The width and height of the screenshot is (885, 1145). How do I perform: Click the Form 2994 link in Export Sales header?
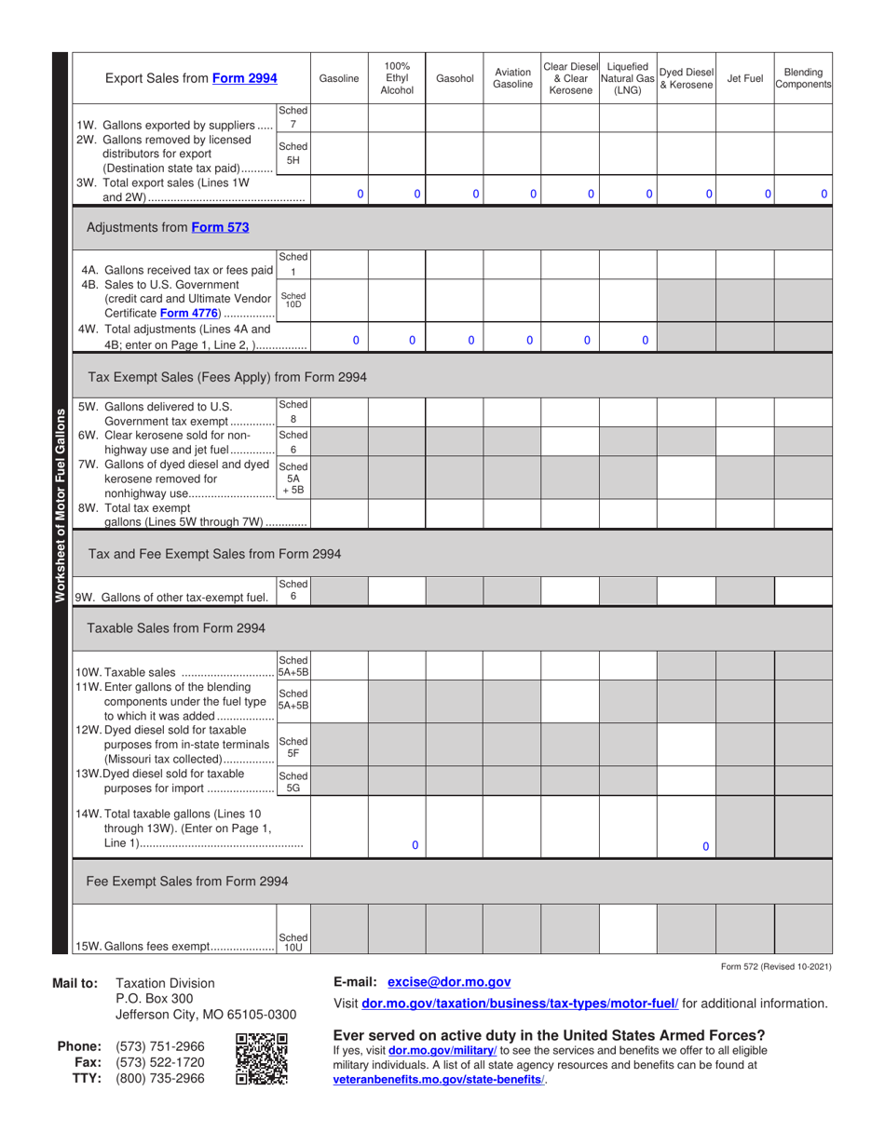pos(244,79)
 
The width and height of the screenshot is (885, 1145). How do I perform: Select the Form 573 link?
pos(220,226)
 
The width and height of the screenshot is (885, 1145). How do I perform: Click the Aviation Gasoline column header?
pos(511,79)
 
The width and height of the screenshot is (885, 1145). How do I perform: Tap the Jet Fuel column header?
pos(744,79)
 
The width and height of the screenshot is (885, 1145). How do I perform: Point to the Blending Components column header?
pos(803,79)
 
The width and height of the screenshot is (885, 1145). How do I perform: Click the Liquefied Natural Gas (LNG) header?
pos(628,79)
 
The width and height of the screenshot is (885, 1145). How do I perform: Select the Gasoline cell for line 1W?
pos(339,118)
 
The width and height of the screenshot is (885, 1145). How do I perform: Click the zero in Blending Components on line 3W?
pos(824,195)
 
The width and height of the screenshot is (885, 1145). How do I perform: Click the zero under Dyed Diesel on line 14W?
pos(705,846)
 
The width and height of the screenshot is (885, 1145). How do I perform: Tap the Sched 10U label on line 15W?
pos(293,942)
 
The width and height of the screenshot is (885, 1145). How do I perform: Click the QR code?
pos(262,1059)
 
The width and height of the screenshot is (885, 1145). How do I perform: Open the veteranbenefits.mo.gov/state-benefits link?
pos(438,1079)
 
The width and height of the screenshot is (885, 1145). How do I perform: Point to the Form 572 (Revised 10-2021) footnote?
pos(776,966)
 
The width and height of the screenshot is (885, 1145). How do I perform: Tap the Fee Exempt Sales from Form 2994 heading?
pos(186,881)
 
